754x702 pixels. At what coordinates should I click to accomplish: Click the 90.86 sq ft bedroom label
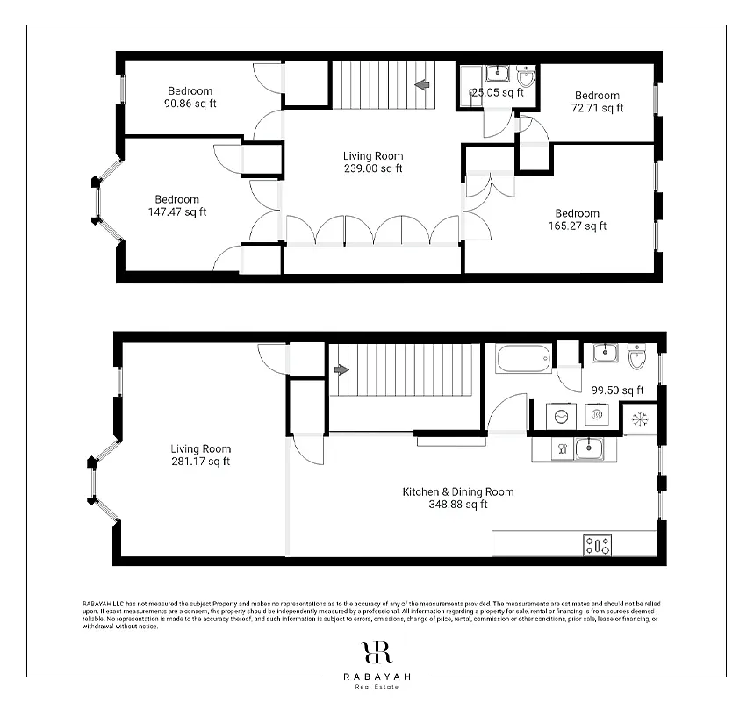(190, 97)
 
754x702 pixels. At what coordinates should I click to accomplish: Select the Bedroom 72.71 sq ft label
(597, 102)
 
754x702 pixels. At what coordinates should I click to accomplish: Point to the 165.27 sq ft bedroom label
(577, 219)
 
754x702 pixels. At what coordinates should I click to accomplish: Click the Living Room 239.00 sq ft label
(373, 162)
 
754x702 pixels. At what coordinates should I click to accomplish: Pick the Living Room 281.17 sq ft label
(200, 455)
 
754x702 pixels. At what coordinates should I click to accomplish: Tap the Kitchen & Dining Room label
(457, 498)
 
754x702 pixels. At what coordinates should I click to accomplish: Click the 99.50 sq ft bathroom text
(617, 390)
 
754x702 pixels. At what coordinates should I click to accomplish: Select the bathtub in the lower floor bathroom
(523, 358)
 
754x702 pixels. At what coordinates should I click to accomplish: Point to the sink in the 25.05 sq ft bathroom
(493, 75)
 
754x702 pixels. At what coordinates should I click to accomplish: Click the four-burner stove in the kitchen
(598, 545)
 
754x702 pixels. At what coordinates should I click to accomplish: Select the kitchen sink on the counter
(588, 449)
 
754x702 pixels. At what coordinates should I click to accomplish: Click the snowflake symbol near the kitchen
(638, 419)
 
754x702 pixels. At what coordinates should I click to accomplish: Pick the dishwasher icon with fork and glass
(560, 449)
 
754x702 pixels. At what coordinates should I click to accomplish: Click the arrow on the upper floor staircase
(422, 85)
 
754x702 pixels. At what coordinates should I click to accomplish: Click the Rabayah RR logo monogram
(376, 653)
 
